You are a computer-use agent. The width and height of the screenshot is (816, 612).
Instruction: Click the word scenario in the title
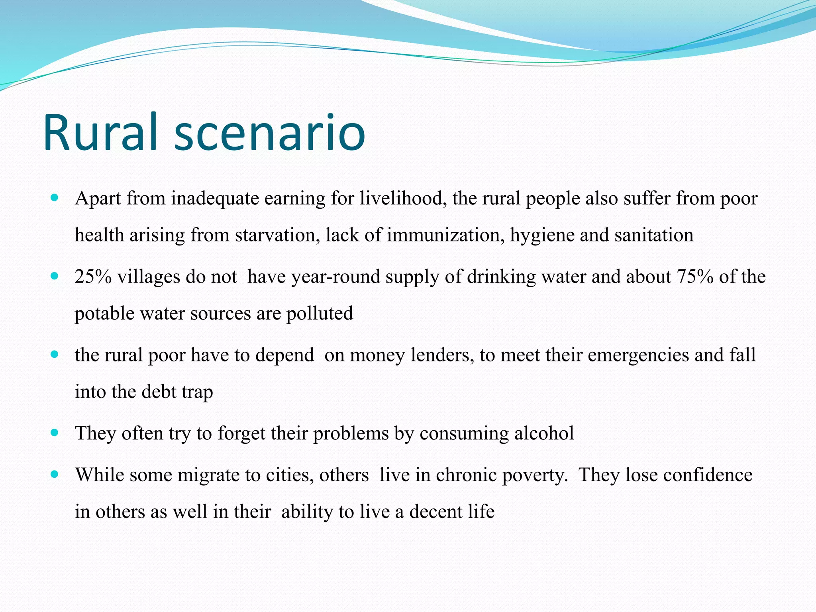(270, 133)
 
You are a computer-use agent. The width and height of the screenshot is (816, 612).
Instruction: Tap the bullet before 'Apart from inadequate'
(55, 197)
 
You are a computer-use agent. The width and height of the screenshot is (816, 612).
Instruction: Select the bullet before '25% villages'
(55, 276)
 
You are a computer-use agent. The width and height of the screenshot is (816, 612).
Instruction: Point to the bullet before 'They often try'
(55, 432)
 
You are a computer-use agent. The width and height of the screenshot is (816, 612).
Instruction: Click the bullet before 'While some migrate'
(55, 474)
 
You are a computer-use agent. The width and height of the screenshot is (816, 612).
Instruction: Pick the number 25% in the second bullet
(93, 277)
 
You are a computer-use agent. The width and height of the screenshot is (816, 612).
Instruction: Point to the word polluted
(320, 313)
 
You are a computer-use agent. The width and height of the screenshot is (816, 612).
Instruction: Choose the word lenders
(442, 355)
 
